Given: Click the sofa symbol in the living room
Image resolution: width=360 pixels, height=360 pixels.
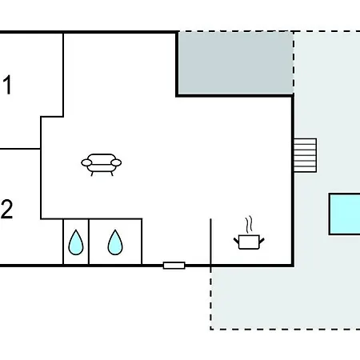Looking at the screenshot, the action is point(102,165).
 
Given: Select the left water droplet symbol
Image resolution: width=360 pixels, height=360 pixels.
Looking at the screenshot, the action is point(76,242).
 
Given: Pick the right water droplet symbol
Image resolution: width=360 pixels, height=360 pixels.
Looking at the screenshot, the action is point(115,242).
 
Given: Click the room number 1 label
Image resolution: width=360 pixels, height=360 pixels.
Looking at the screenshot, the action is point(7,85).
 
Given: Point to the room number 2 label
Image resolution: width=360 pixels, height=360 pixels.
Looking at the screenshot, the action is point(6,210).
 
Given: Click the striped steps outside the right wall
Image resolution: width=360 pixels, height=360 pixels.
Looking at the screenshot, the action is point(305,155).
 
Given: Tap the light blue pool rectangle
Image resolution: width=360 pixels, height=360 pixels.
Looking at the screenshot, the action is point(345,214).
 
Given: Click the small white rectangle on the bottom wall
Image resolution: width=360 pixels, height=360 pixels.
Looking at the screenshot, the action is point(174,266).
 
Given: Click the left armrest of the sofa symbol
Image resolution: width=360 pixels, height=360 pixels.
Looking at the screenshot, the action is point(86,162).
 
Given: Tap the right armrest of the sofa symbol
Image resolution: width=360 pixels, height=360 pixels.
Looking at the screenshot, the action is point(116,162).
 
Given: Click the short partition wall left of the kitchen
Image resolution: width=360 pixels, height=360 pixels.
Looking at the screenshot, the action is point(211,242).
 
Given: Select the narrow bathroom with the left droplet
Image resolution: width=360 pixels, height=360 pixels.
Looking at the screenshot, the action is point(76,242).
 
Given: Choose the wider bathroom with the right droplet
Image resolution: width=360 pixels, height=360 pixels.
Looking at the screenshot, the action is point(115,242).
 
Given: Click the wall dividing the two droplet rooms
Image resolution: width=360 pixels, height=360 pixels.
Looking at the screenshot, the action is point(89,242).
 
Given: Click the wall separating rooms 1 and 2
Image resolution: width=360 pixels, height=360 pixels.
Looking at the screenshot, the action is point(20,149).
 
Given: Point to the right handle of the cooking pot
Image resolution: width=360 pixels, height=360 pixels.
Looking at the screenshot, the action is point(262,241).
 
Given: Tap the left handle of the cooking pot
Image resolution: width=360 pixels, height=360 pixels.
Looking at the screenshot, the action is point(236,241).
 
